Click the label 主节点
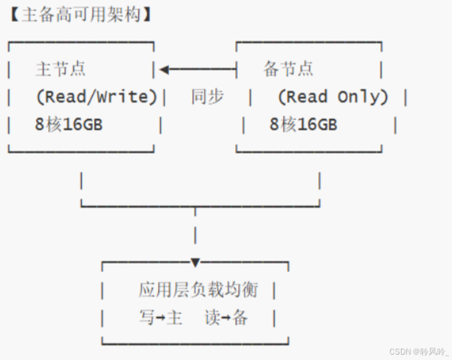pyautogui.click(x=60, y=70)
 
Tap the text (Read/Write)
pyautogui.click(x=96, y=97)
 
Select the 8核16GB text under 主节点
pyautogui.click(x=69, y=125)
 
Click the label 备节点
pyautogui.click(x=289, y=70)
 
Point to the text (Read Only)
pyautogui.click(x=333, y=97)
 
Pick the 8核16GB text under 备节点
pyautogui.click(x=303, y=125)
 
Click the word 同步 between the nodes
pyautogui.click(x=207, y=97)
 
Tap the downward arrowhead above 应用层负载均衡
pyautogui.click(x=195, y=263)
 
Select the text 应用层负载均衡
pyautogui.click(x=199, y=290)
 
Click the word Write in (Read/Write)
pyautogui.click(x=125, y=97)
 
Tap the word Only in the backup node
pyautogui.click(x=362, y=97)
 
